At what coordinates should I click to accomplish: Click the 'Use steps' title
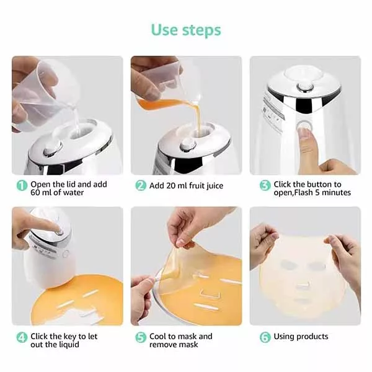pyautogui.click(x=186, y=30)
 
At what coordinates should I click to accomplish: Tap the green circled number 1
pyautogui.click(x=22, y=185)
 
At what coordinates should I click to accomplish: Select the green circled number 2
pyautogui.click(x=141, y=185)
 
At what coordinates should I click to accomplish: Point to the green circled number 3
pyautogui.click(x=265, y=185)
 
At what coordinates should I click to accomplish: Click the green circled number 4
pyautogui.click(x=22, y=337)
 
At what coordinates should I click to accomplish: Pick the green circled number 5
pyautogui.click(x=141, y=337)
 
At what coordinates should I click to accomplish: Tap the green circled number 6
pyautogui.click(x=265, y=337)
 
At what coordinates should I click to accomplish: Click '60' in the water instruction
pyautogui.click(x=35, y=193)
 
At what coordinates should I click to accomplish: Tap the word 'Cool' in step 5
pyautogui.click(x=157, y=337)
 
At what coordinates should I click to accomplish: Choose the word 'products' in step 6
pyautogui.click(x=312, y=337)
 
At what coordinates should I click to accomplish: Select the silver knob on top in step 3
pyautogui.click(x=304, y=87)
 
